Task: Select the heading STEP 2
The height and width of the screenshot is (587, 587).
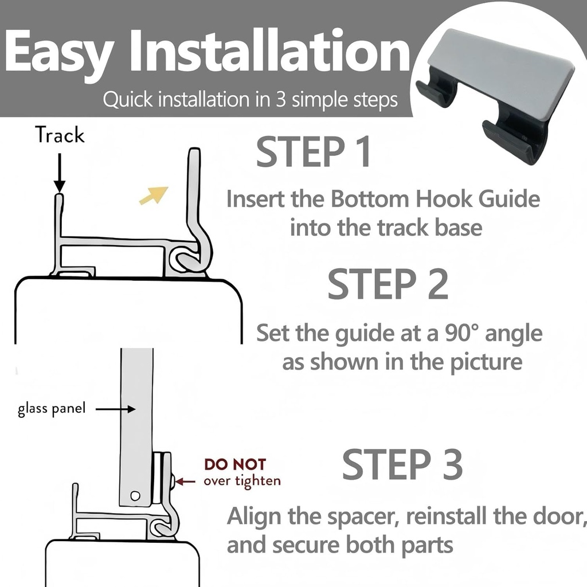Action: coord(388,284)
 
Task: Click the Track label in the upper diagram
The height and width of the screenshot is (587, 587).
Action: coord(60,136)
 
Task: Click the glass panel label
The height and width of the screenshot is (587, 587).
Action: coord(52,410)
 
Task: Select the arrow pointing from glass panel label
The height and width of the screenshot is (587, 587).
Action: coord(115,409)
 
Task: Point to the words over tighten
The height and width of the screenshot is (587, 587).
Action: coord(242,480)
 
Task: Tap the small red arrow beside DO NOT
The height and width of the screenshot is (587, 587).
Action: coord(186,480)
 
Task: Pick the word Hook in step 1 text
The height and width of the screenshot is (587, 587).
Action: coord(423,199)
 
